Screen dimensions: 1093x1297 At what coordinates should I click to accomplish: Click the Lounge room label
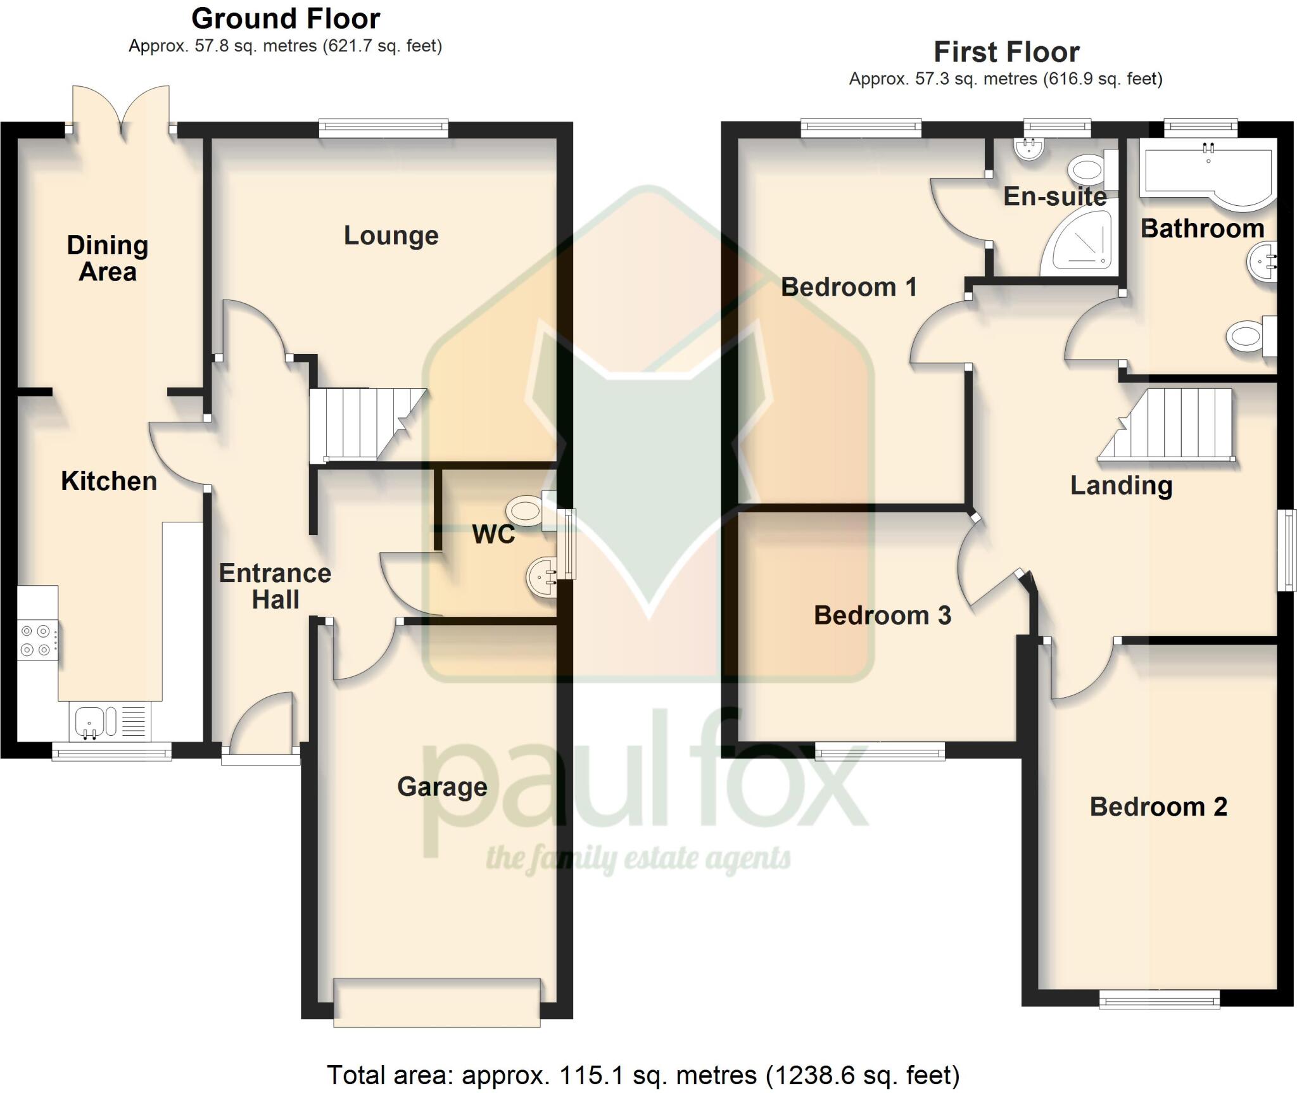click(x=391, y=236)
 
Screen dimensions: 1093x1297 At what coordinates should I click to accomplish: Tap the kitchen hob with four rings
click(x=36, y=640)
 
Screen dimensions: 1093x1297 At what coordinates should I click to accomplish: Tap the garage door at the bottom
click(x=436, y=1002)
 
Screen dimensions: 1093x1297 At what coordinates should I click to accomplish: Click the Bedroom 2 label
click(x=1158, y=807)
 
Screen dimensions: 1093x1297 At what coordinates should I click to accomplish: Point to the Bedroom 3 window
click(x=879, y=751)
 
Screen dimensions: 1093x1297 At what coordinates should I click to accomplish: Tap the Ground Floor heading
click(x=286, y=19)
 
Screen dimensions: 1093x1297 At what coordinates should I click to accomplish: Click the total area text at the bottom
click(x=642, y=1075)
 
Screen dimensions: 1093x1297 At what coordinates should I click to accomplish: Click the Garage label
click(x=442, y=787)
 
